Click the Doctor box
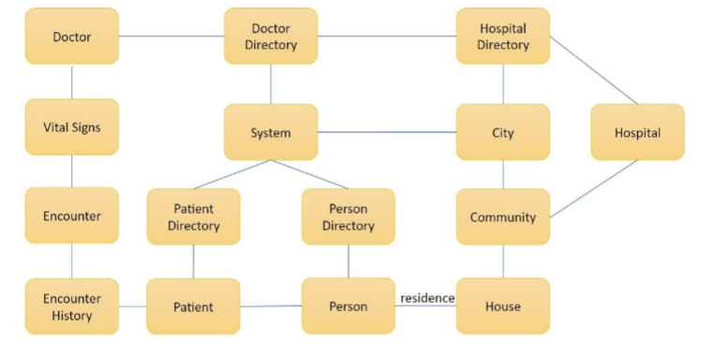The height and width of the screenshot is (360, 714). click(x=72, y=37)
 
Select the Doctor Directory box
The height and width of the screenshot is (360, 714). click(x=271, y=37)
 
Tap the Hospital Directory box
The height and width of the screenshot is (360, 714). click(x=502, y=37)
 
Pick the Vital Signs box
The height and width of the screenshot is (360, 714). click(x=72, y=127)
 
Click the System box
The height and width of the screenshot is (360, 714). click(x=271, y=132)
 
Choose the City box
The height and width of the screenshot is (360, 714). click(x=502, y=132)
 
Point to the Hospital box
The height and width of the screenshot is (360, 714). click(x=637, y=132)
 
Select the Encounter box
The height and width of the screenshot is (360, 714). click(x=72, y=216)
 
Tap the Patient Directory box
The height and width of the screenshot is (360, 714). click(x=193, y=217)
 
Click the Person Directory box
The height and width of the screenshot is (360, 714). click(x=348, y=217)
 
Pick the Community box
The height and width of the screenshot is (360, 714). click(x=502, y=217)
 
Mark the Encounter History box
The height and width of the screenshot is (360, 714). click(x=72, y=307)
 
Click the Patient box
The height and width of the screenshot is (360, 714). click(x=193, y=307)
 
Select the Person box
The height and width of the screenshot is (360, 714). click(x=348, y=306)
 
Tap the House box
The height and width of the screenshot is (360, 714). click(x=502, y=306)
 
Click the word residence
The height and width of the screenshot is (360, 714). click(x=427, y=298)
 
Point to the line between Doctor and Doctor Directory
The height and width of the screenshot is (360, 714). click(x=171, y=37)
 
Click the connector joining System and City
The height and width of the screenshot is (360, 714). click(x=386, y=132)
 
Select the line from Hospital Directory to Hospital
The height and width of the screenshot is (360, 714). click(x=593, y=70)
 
